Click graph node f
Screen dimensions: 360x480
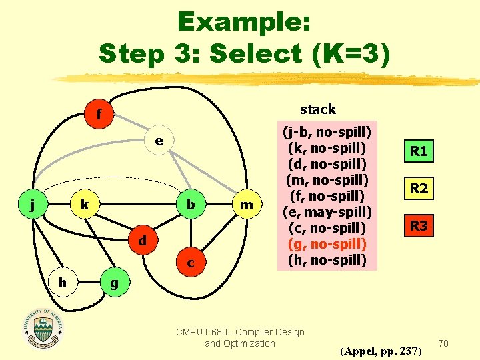tap(99, 115)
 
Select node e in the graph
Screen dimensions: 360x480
tap(158, 141)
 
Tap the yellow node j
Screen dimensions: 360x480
tap(33, 205)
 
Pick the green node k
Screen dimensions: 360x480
tap(85, 205)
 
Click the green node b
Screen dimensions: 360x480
tap(191, 205)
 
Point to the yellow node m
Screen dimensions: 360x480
tap(246, 205)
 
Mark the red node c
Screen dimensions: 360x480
tap(191, 263)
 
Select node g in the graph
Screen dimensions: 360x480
tap(114, 283)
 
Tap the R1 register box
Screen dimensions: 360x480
tap(419, 151)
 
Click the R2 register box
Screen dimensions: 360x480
tap(419, 189)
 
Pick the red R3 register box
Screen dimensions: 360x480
tap(419, 226)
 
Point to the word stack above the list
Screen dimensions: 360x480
tap(318, 109)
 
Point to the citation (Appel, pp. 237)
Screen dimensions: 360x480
tap(381, 350)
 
